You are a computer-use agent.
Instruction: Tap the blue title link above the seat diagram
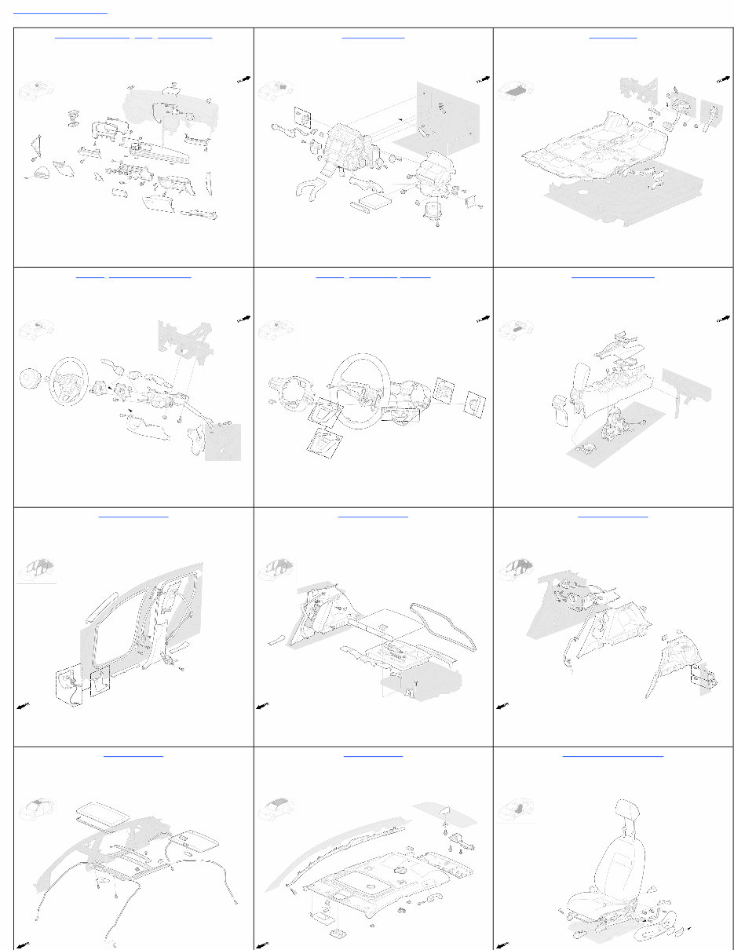coord(612,755)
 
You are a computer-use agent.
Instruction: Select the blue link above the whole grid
coord(60,13)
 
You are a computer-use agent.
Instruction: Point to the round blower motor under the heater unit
coord(433,210)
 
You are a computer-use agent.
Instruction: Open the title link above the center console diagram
coord(612,276)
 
